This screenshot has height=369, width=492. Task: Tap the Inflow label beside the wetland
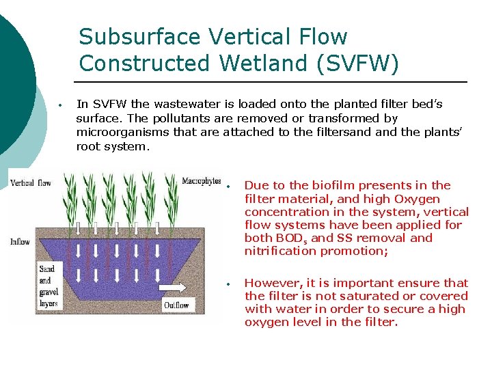pyautogui.click(x=20, y=241)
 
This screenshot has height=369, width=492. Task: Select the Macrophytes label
pyautogui.click(x=201, y=181)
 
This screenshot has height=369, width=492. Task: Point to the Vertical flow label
pyautogui.click(x=31, y=182)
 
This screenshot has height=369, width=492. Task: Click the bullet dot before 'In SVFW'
pyautogui.click(x=61, y=106)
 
